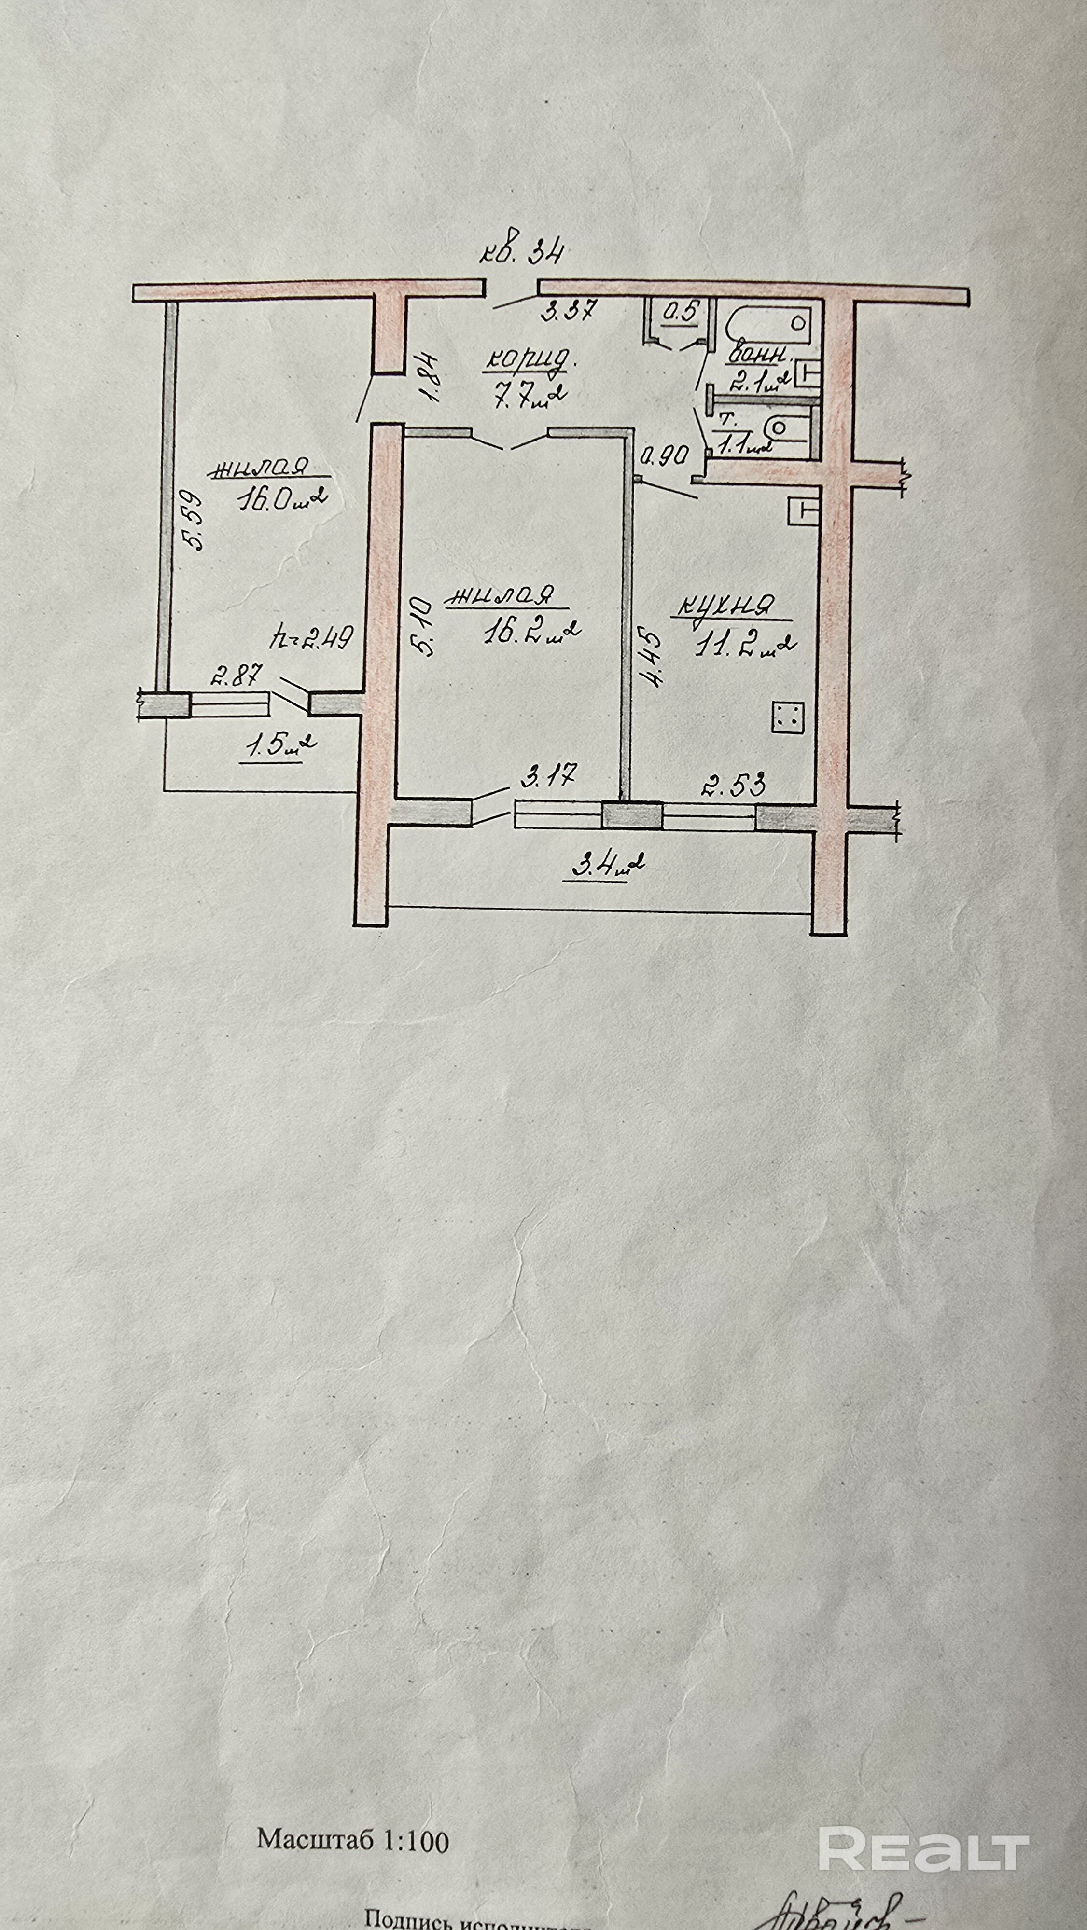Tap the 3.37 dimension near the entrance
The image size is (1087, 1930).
[568, 309]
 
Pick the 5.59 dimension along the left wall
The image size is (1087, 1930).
[194, 520]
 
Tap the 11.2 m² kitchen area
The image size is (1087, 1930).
[744, 643]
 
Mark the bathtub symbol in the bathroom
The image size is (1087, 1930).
[768, 324]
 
